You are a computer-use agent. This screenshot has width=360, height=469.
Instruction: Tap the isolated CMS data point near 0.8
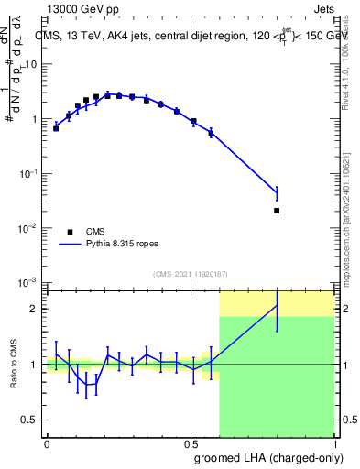(x=277, y=210)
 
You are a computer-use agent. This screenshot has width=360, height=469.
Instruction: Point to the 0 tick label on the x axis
(x=47, y=442)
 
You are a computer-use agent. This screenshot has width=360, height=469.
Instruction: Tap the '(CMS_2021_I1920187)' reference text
(x=190, y=274)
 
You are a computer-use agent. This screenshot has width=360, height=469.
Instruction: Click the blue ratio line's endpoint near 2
(x=277, y=306)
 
